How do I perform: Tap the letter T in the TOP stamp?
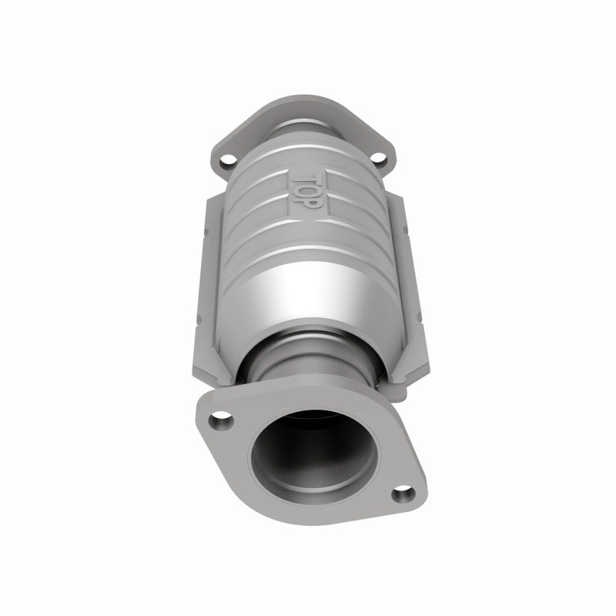pos(301,174)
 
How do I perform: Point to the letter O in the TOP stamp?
pos(302,187)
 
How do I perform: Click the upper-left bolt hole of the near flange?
pos(223,422)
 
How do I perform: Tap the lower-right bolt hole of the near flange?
pos(401,494)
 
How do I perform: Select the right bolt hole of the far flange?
pos(379,160)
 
